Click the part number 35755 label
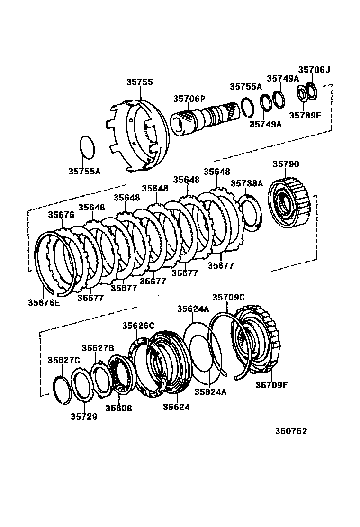click(139, 82)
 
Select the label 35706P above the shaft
click(189, 99)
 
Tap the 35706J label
click(314, 70)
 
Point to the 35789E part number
click(305, 115)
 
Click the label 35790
click(286, 164)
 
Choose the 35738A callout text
click(246, 183)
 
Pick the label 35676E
click(44, 301)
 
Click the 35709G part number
click(228, 297)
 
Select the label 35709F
click(272, 385)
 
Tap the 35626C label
click(138, 326)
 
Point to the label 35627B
click(98, 348)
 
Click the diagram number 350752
click(291, 431)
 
